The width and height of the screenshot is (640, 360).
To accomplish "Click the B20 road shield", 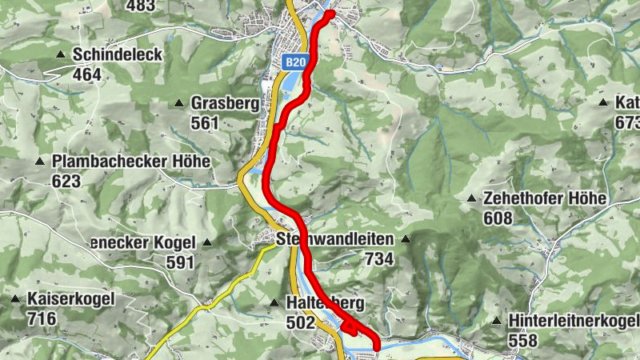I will click(x=295, y=62).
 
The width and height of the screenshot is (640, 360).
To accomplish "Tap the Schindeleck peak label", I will click(x=117, y=55).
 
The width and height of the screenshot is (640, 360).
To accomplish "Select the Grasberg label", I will click(x=224, y=103).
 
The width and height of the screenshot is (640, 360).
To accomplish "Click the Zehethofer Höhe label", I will click(x=546, y=198).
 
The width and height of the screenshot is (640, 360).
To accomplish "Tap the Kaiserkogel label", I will click(x=71, y=299).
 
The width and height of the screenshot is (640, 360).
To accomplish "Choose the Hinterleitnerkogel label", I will click(x=573, y=321).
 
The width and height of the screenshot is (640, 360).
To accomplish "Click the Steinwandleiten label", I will click(x=335, y=239).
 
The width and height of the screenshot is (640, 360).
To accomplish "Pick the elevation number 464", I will click(x=86, y=75).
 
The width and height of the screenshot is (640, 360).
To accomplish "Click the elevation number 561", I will click(x=205, y=123).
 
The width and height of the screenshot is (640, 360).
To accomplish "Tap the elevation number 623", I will click(x=66, y=182).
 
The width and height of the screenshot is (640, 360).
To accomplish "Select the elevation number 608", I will click(x=498, y=218).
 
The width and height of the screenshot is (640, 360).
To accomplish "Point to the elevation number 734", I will click(x=379, y=259).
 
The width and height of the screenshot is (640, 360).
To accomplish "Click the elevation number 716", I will click(x=42, y=319).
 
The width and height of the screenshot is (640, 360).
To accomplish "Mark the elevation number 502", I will click(x=301, y=322).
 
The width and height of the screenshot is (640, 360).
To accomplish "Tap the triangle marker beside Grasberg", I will click(x=179, y=103).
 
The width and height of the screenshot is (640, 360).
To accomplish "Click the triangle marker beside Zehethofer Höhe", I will click(x=472, y=198).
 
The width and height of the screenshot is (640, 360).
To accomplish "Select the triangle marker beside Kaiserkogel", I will click(x=15, y=299).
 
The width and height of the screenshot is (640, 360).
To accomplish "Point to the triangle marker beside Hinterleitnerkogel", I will click(x=496, y=322).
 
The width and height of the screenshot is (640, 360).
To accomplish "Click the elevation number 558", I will click(x=523, y=341).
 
